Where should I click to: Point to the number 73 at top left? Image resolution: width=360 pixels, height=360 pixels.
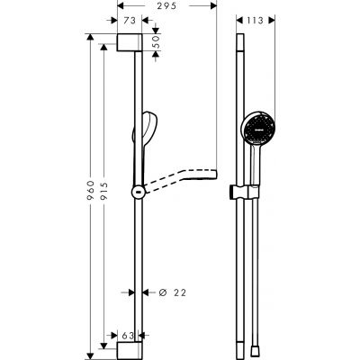(x=129, y=19)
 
